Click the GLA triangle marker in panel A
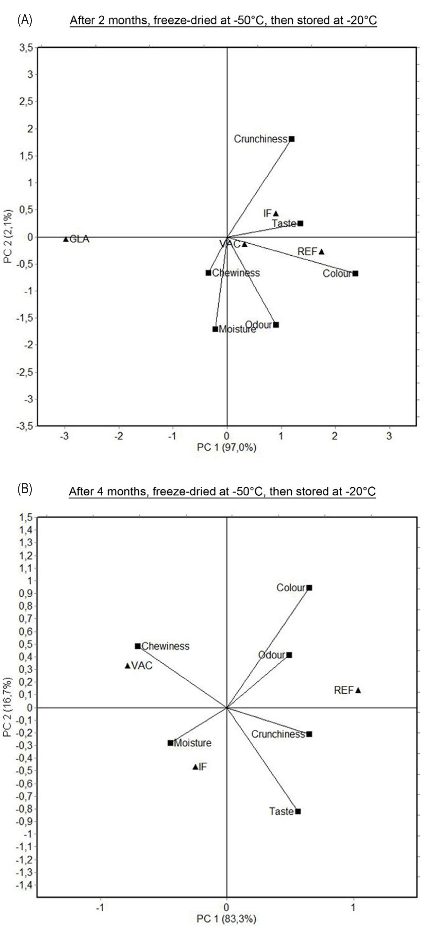pyautogui.click(x=66, y=239)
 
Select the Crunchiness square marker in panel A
pyautogui.click(x=292, y=139)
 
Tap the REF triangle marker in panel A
pyautogui.click(x=321, y=251)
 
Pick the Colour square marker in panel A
pyautogui.click(x=356, y=274)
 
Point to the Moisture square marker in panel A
pyautogui.click(x=215, y=329)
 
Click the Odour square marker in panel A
pyautogui.click(x=276, y=325)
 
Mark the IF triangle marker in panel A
pyautogui.click(x=276, y=214)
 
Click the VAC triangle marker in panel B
pyautogui.click(x=127, y=666)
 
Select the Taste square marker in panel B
pyautogui.click(x=298, y=811)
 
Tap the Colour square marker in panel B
pyautogui.click(x=309, y=588)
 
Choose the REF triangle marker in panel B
pyautogui.click(x=358, y=690)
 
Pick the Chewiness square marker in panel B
pyautogui.click(x=138, y=646)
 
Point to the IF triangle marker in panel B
pyautogui.click(x=195, y=767)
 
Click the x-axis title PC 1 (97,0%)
pyautogui.click(x=226, y=448)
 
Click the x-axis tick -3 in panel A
pyautogui.click(x=64, y=436)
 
